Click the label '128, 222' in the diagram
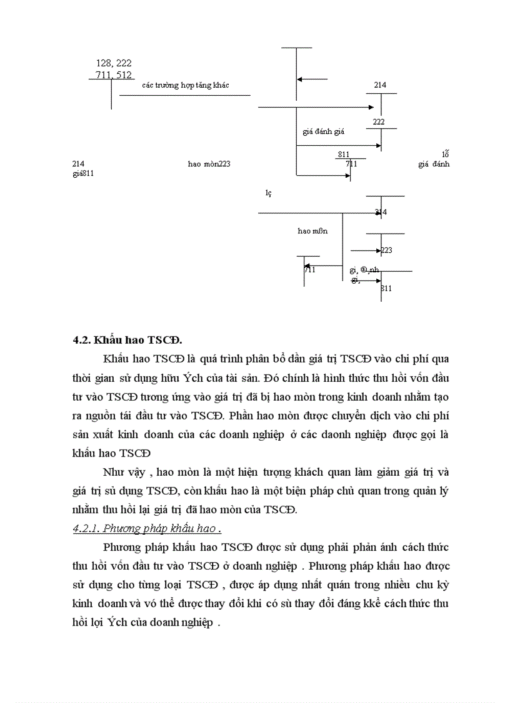114,63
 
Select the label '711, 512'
114,75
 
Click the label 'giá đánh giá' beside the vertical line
323,132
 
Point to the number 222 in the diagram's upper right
379,122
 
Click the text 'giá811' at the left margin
83,173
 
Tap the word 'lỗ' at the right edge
446,154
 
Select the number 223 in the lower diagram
386,250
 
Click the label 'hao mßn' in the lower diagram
312,230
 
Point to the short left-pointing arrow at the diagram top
312,80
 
